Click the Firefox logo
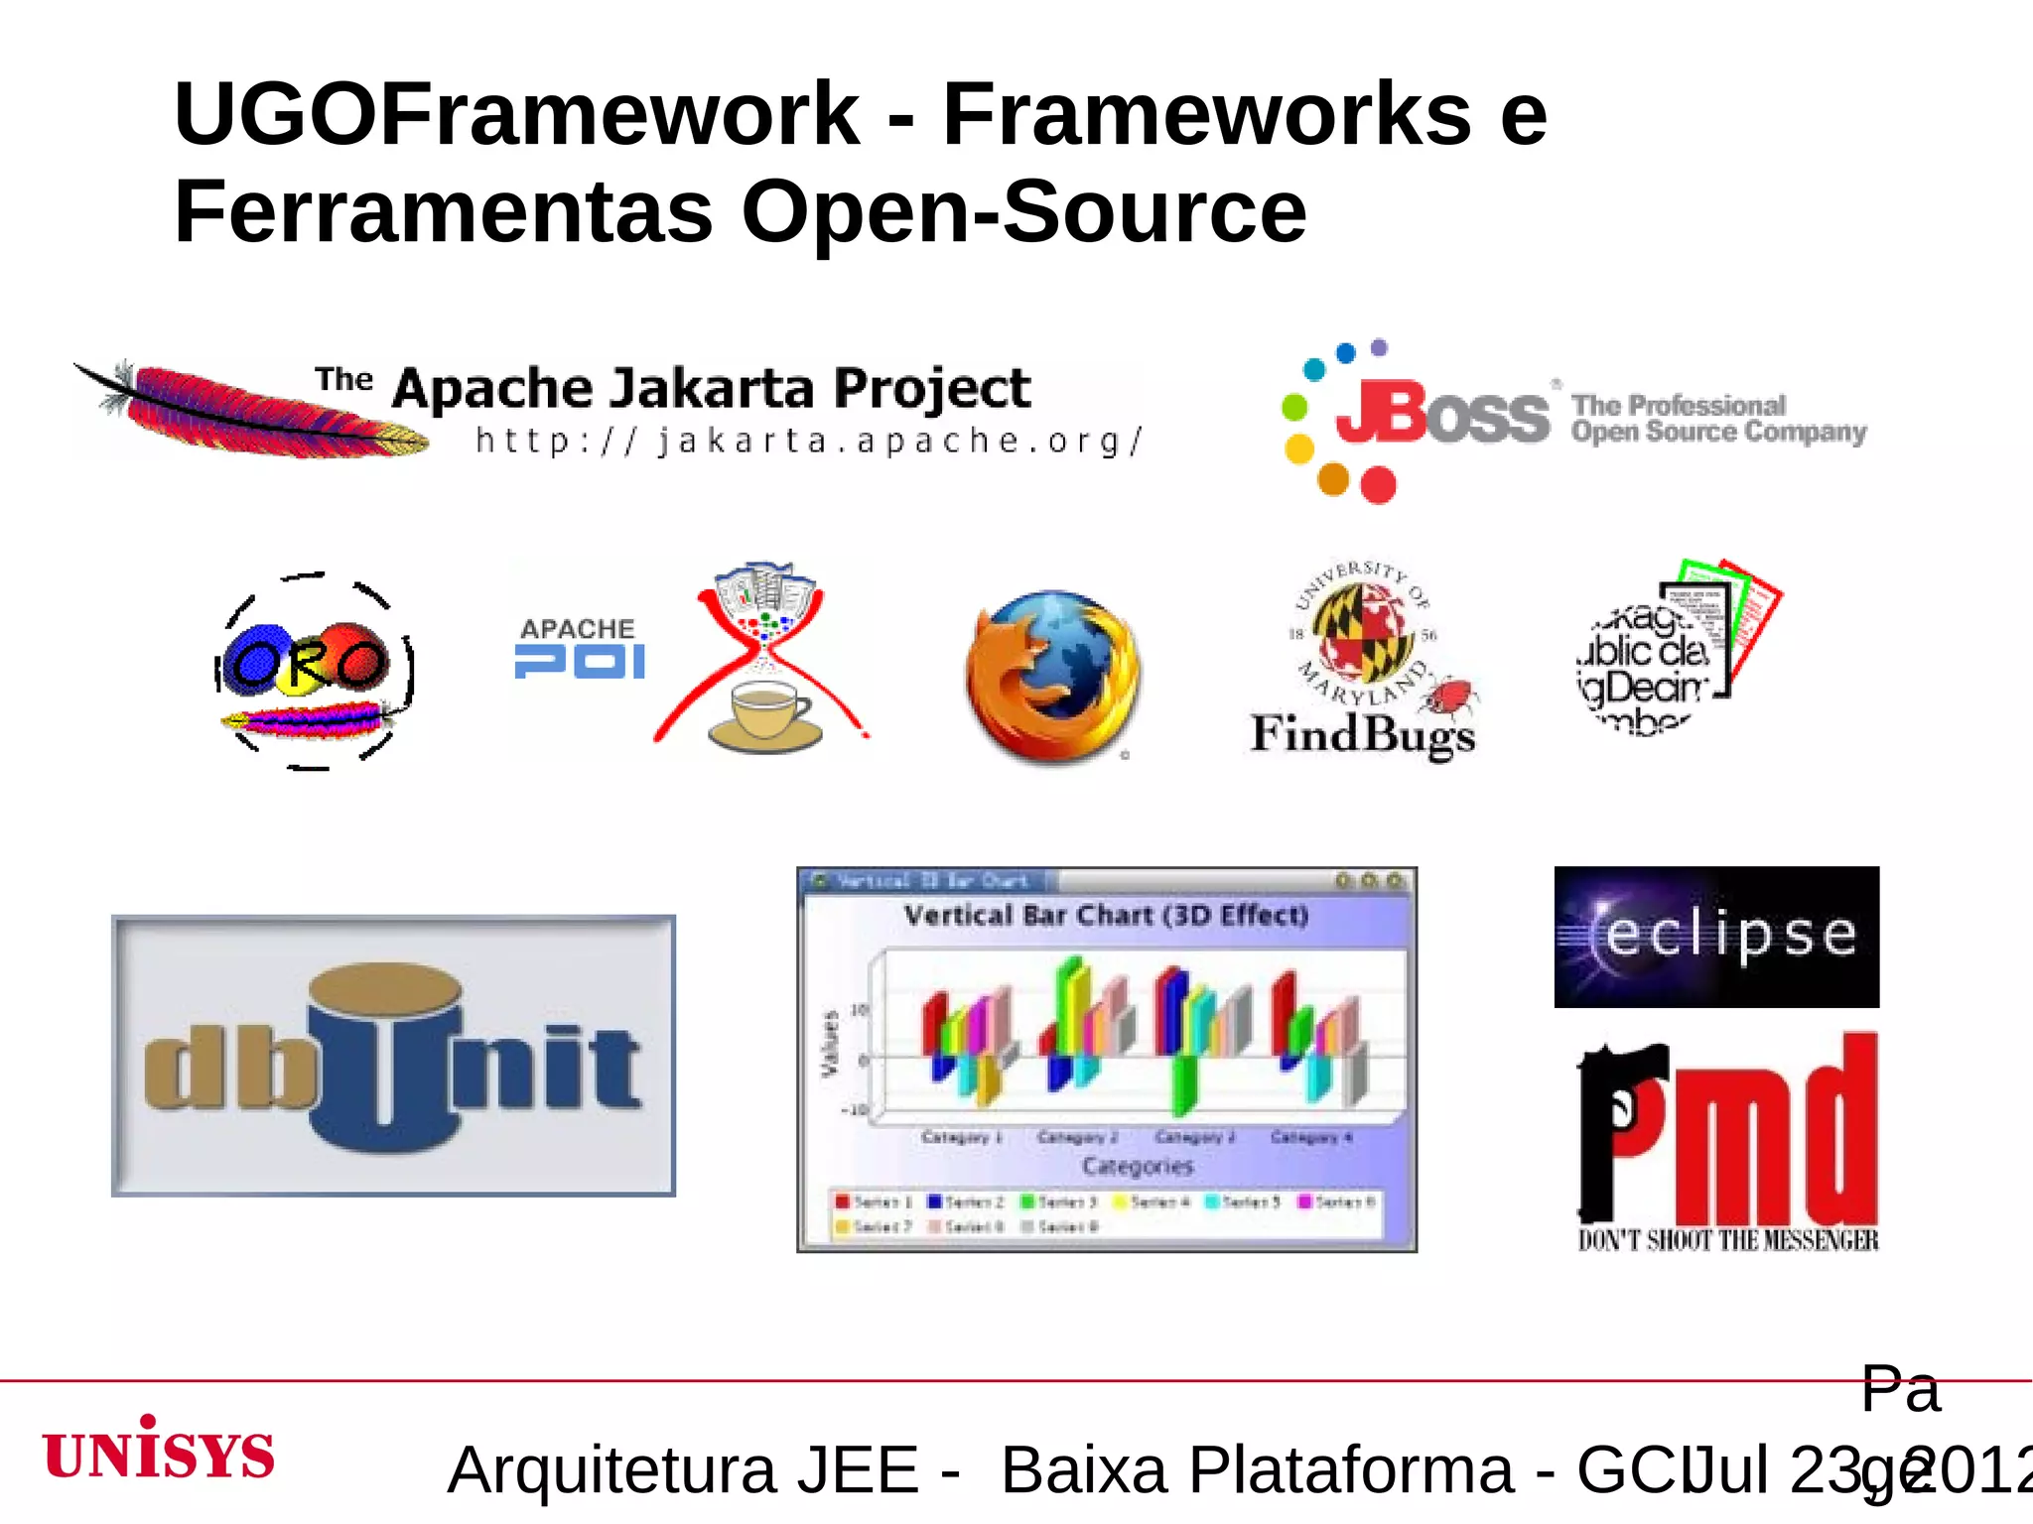coord(1053,676)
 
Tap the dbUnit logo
coord(393,1056)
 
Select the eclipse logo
coord(1716,937)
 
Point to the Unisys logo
coord(159,1451)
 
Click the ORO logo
coord(313,671)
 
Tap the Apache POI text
coord(579,649)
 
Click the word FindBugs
coord(1362,735)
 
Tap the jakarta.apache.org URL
coord(809,441)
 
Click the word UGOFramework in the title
coord(516,115)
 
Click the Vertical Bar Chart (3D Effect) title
coord(1106,915)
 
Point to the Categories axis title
coord(1138,1166)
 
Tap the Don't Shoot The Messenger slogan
coord(1727,1240)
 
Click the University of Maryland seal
coord(1362,630)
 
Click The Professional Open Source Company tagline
coord(1718,419)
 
